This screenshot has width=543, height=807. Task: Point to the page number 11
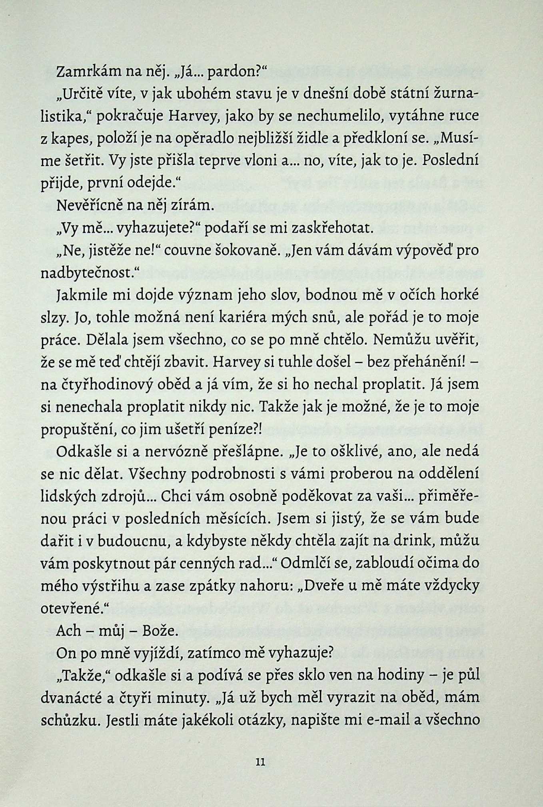[261, 762]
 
